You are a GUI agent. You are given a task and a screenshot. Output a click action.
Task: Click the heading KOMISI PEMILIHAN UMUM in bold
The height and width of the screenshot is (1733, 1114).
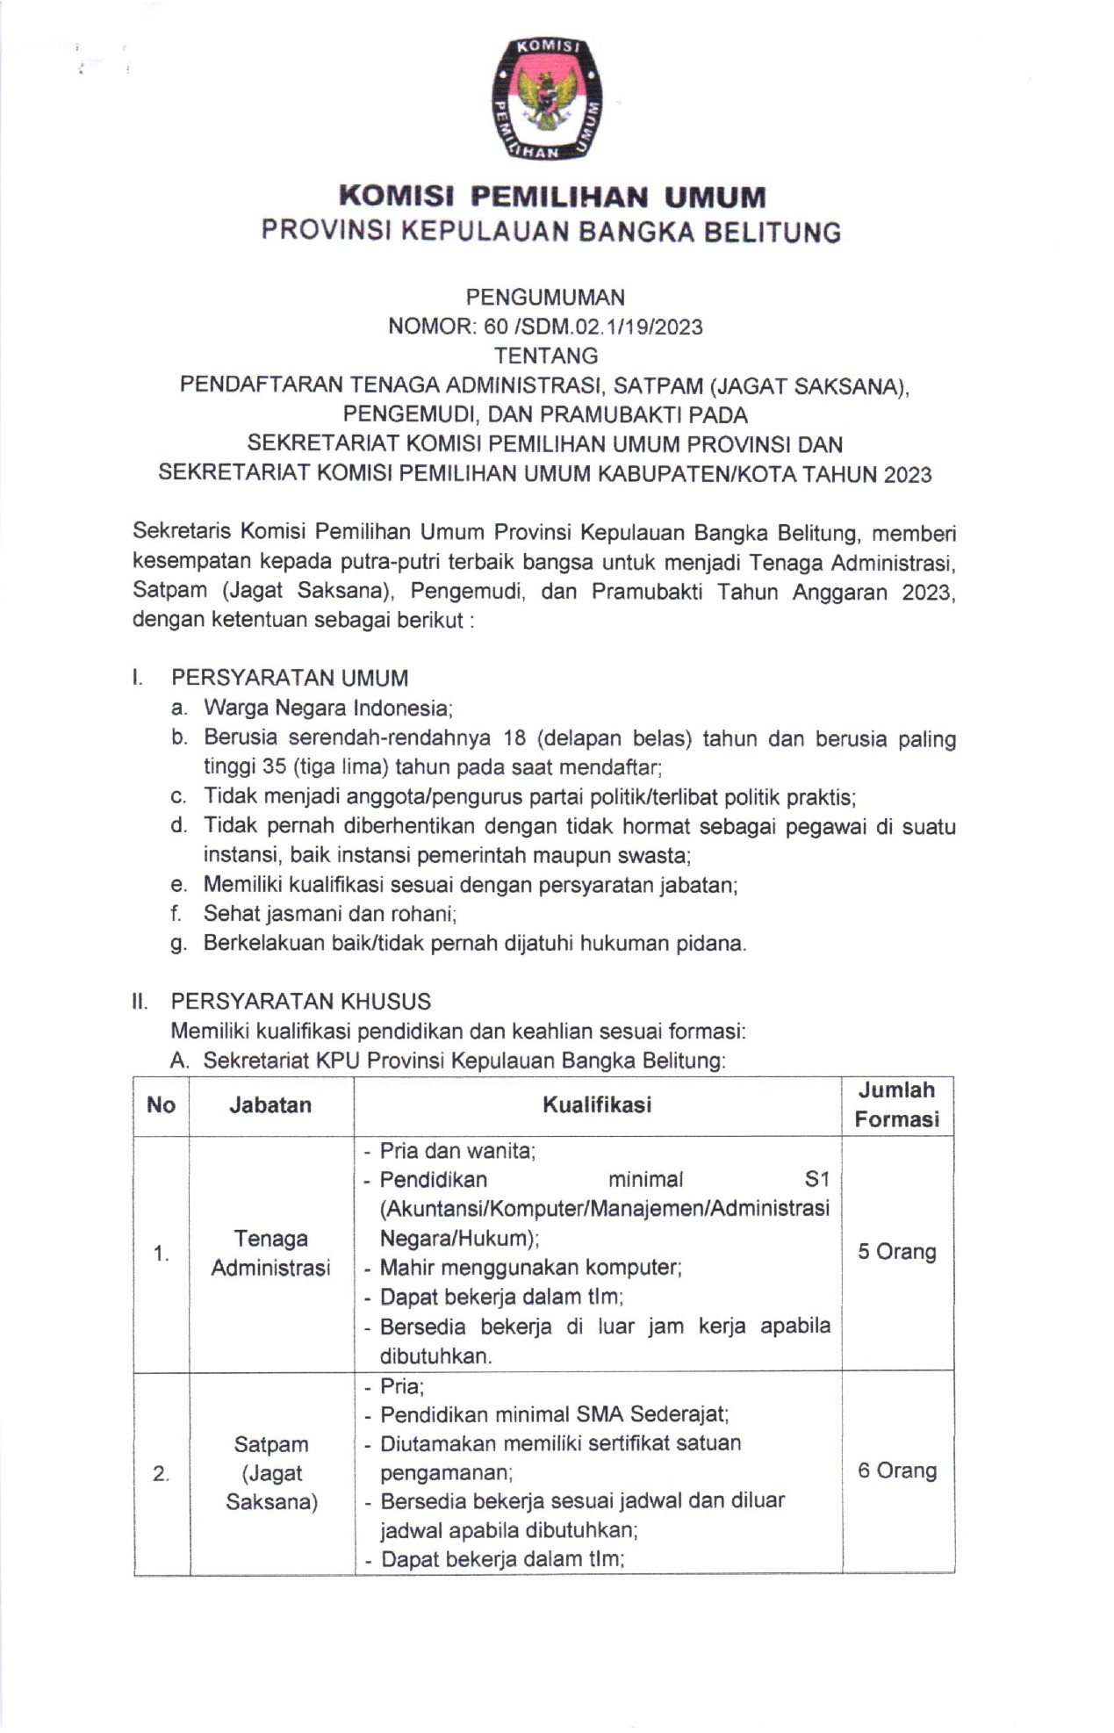552,195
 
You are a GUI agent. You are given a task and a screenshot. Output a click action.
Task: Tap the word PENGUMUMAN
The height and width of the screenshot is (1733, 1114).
545,297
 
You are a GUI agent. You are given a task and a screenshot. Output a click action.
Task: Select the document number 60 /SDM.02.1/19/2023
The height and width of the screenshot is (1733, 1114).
593,327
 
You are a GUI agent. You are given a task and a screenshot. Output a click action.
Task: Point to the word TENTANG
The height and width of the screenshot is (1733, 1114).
545,356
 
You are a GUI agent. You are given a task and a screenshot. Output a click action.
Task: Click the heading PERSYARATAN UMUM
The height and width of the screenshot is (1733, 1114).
290,678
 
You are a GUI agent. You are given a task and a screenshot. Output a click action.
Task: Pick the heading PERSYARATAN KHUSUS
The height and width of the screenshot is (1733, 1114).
300,1001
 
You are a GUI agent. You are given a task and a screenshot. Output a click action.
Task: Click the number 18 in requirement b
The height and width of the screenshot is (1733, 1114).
515,738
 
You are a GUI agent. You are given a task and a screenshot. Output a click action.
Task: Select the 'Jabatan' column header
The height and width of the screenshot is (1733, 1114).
270,1104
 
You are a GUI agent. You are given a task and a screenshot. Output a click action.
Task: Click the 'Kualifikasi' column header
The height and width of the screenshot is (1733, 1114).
597,1104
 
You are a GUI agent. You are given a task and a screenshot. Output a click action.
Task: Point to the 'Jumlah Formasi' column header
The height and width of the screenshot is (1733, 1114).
896,1104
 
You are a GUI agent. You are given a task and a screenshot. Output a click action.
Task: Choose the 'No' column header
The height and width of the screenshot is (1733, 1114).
161,1104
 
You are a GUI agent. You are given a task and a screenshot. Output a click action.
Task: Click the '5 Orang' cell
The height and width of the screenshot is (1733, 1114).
896,1251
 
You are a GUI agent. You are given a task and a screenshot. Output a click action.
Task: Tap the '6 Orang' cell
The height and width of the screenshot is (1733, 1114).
896,1471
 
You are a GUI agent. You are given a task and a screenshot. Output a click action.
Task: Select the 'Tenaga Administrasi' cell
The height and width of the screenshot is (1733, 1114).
270,1253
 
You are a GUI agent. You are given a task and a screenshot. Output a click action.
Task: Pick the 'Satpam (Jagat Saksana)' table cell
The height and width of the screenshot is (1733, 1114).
271,1473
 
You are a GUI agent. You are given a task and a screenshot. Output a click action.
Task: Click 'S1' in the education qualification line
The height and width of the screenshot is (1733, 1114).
816,1179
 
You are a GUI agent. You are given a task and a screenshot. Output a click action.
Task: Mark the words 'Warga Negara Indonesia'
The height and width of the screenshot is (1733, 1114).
327,708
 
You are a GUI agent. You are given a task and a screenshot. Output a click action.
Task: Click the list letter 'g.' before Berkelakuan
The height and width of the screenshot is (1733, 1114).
179,945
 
